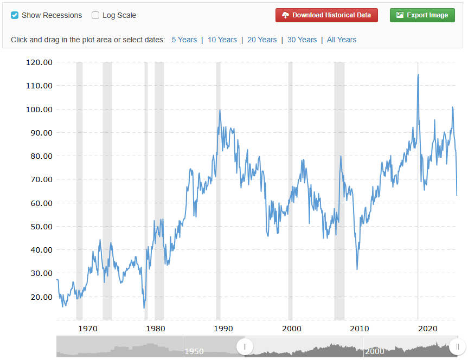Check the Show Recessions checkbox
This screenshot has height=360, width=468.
coord(15,15)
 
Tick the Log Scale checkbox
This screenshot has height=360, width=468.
coord(95,15)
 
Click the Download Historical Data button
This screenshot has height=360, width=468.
coord(326,15)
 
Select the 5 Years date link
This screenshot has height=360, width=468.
coord(184,40)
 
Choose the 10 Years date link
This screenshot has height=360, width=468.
coord(222,40)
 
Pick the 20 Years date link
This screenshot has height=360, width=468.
coord(262,40)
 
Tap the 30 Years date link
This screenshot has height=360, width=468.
coord(302,40)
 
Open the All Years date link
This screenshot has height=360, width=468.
coord(342,40)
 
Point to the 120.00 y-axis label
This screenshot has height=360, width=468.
coord(39,62)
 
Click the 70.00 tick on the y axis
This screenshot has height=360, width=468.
coord(39,179)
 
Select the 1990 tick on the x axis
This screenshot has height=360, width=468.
coord(223,329)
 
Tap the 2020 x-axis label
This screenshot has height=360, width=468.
coord(428,329)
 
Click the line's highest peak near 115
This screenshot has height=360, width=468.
coord(418,75)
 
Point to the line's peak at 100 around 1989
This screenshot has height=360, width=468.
coord(220,110)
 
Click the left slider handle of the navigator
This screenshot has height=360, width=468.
coord(245,346)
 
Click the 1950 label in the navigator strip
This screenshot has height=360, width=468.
coord(194,351)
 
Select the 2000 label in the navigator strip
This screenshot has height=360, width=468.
coord(375,351)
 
